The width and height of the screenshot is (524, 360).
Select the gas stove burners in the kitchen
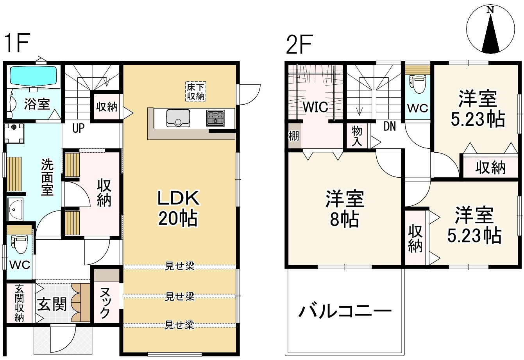click(216, 118)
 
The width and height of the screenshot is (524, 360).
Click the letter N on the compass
click(490, 11)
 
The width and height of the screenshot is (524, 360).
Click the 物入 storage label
click(357, 135)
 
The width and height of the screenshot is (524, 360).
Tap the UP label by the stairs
click(78, 128)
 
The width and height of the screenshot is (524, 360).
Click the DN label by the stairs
click(389, 126)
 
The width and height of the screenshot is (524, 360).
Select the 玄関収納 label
click(19, 303)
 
